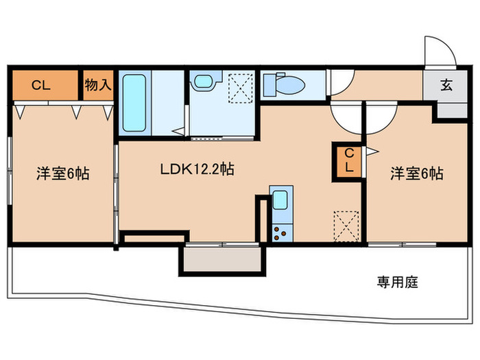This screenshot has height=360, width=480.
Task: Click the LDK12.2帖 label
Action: (197, 169)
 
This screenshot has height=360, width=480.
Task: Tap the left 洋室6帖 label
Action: (63, 173)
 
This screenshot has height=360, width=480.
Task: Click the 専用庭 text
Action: (397, 280)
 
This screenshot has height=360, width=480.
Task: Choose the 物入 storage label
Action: (98, 85)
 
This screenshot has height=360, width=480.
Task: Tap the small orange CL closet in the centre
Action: (348, 162)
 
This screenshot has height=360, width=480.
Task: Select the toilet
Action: (283, 85)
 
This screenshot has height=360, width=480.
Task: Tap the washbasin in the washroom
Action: (204, 82)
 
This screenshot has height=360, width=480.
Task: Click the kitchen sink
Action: (280, 201)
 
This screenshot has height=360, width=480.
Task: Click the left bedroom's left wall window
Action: (10, 171)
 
